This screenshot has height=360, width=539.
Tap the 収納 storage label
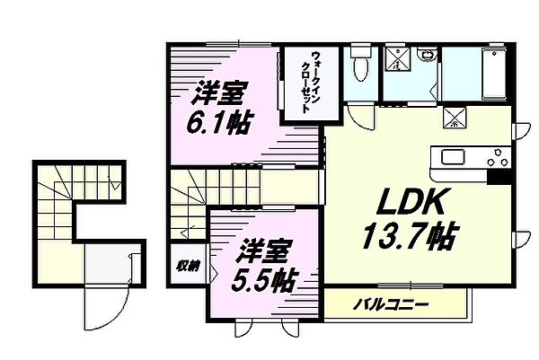pos(187,267)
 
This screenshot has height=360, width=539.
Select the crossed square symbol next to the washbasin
pos(396,60)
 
